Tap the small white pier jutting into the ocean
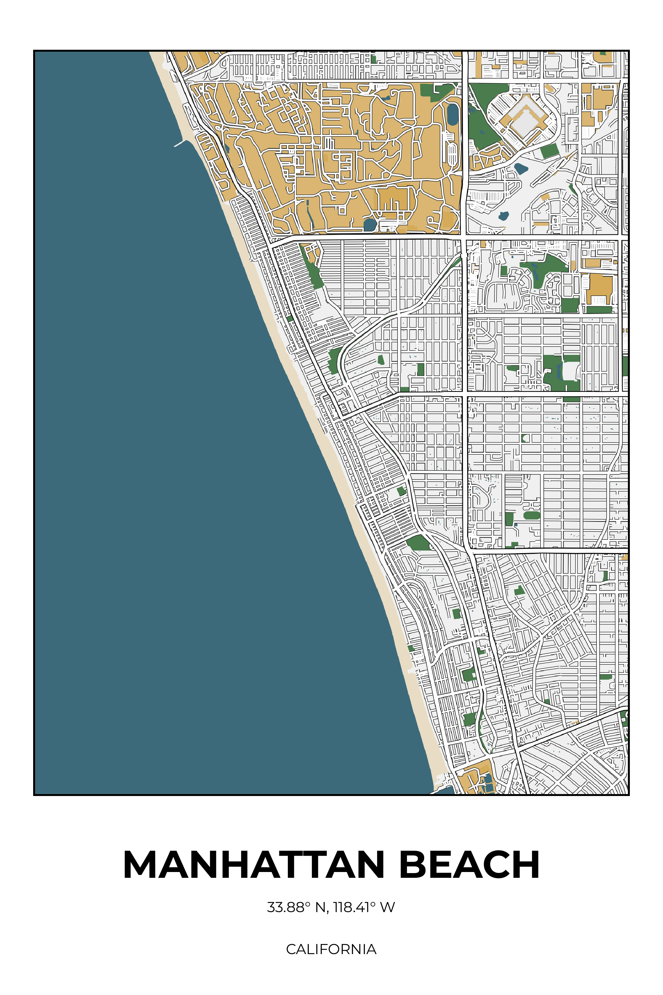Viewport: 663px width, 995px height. point(180,143)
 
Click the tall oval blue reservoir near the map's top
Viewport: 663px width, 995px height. point(452,114)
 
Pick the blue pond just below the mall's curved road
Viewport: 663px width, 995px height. point(521,168)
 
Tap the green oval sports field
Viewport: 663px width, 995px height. point(532,515)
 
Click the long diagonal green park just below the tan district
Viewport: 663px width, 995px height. point(312,271)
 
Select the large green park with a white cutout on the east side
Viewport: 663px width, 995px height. point(558,372)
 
